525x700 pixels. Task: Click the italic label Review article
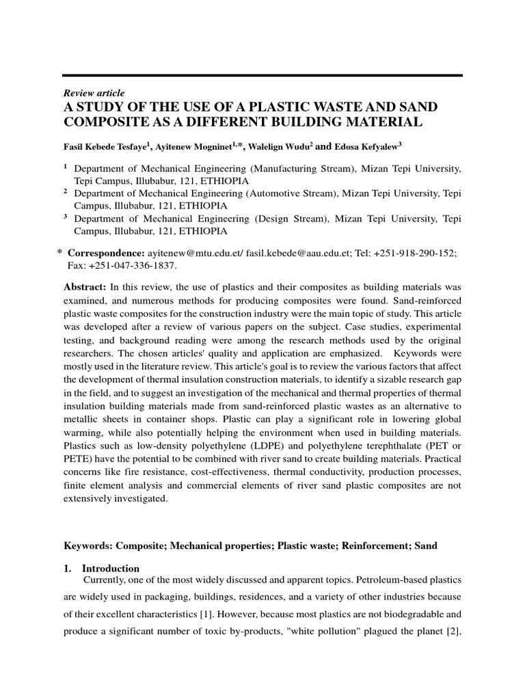[94, 93]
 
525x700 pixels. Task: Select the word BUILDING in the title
[321, 122]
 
